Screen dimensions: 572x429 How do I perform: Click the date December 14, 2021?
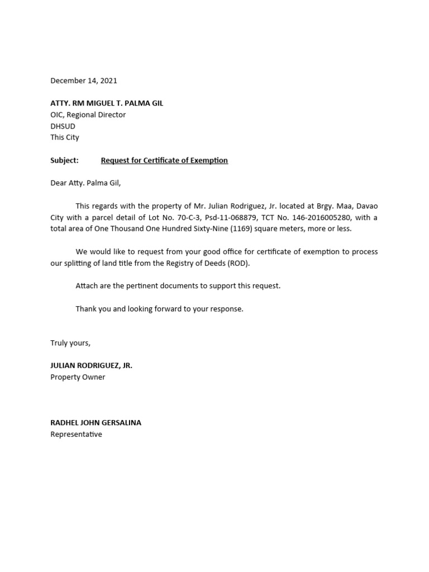[x=84, y=80]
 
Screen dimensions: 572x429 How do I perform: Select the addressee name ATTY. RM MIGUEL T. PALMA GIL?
[x=107, y=103]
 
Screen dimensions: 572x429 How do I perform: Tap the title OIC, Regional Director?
[x=88, y=115]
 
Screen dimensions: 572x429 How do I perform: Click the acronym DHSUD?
[x=63, y=126]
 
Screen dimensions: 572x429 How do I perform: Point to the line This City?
[x=65, y=137]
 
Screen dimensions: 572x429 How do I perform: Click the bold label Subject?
[x=64, y=160]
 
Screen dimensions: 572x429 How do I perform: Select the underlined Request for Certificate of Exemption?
[x=164, y=160]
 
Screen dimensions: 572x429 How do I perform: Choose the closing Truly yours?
[x=70, y=343]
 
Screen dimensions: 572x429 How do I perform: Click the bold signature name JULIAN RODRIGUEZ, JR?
[x=92, y=366]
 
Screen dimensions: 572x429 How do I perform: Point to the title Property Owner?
[x=78, y=377]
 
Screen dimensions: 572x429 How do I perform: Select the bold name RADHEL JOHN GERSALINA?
[x=96, y=423]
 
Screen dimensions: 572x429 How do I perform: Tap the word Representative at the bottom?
[x=77, y=434]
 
